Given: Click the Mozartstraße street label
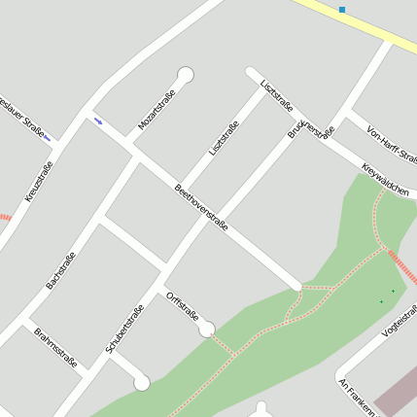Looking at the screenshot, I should (x=156, y=108).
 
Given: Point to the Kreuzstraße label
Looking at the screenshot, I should (x=39, y=182).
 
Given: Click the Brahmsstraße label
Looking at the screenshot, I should (x=54, y=346).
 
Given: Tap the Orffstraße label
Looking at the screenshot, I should (x=183, y=305).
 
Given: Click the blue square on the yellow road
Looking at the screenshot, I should (x=342, y=10).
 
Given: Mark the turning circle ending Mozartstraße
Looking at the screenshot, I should (x=186, y=74).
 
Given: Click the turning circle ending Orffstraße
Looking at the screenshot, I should (x=206, y=330).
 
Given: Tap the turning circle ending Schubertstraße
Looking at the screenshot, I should (x=142, y=383).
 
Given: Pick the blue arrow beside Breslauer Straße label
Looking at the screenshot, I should (x=47, y=138).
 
